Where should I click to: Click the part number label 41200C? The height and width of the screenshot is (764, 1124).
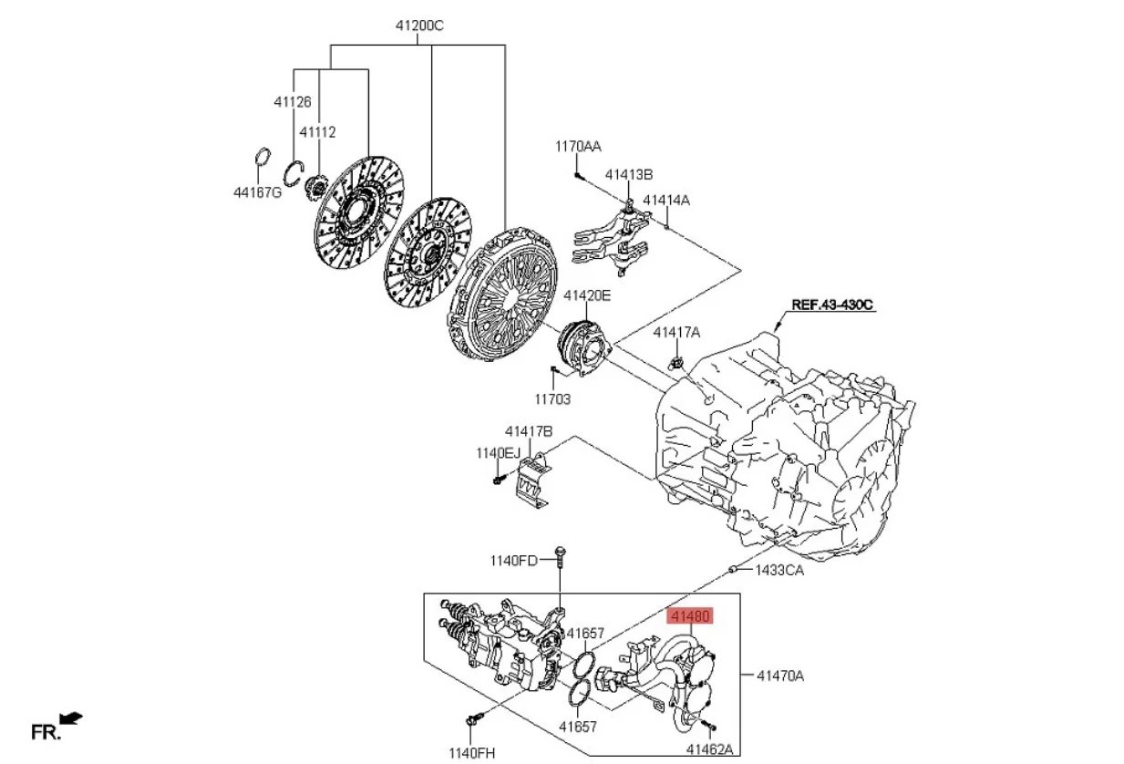pos(418,26)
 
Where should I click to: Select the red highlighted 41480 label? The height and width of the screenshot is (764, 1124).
pos(689,617)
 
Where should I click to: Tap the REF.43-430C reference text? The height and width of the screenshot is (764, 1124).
pos(832,305)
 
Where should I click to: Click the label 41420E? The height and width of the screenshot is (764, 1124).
pos(586,295)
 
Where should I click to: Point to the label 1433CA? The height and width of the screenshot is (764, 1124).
pos(779,571)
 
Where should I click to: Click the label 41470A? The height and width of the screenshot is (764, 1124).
pos(779,676)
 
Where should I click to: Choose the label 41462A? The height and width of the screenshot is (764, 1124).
pos(708,749)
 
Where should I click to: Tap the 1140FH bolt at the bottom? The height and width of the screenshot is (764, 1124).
pos(471,722)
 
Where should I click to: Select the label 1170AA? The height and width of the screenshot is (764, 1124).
pos(578,146)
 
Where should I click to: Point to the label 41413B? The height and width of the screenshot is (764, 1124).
pos(629,174)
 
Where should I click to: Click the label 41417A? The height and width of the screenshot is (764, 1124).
pos(675,333)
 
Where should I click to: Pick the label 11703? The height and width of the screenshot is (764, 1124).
pos(552,398)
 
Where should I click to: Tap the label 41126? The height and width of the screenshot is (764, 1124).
pos(292,102)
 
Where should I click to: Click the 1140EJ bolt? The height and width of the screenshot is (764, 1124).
pos(498,478)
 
